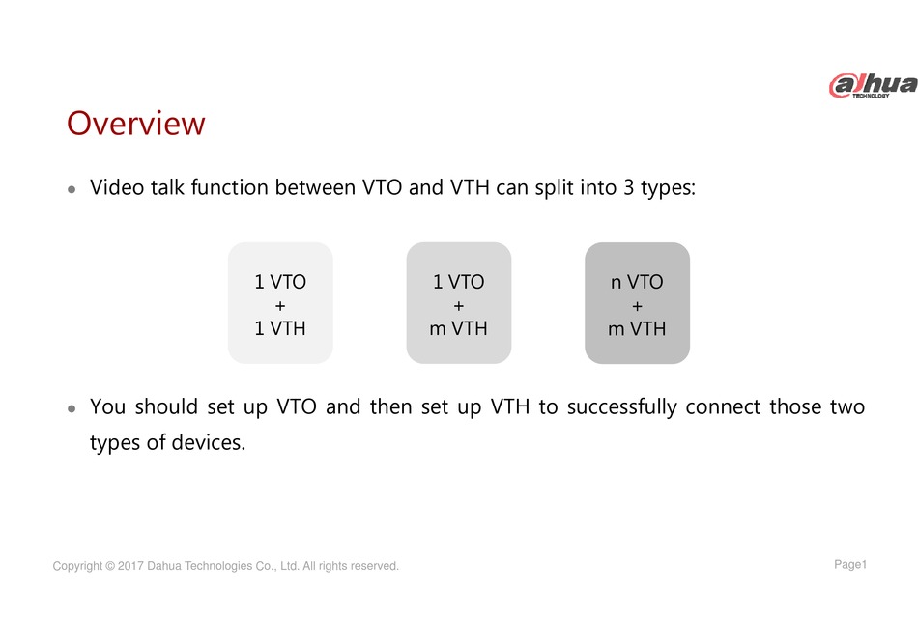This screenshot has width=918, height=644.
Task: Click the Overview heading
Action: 136,124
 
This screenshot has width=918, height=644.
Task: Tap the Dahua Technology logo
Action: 873,85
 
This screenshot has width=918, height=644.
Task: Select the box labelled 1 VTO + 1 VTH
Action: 280,303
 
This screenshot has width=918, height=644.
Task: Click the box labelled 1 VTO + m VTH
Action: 459,303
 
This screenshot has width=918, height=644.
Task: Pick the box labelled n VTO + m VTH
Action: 637,303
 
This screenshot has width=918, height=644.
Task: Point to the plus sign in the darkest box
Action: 637,306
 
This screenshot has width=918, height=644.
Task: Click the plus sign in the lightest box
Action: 280,306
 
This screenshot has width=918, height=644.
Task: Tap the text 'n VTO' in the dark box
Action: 637,282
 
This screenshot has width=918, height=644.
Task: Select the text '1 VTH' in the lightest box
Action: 280,328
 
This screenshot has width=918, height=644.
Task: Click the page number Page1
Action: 850,565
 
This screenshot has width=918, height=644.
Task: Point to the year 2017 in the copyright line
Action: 130,566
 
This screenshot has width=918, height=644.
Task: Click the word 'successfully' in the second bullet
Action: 621,407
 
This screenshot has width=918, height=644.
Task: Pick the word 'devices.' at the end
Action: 209,442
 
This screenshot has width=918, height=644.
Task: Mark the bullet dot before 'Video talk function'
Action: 72,189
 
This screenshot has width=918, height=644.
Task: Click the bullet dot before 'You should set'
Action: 72,408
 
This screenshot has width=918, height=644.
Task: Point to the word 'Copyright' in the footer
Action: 77,566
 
